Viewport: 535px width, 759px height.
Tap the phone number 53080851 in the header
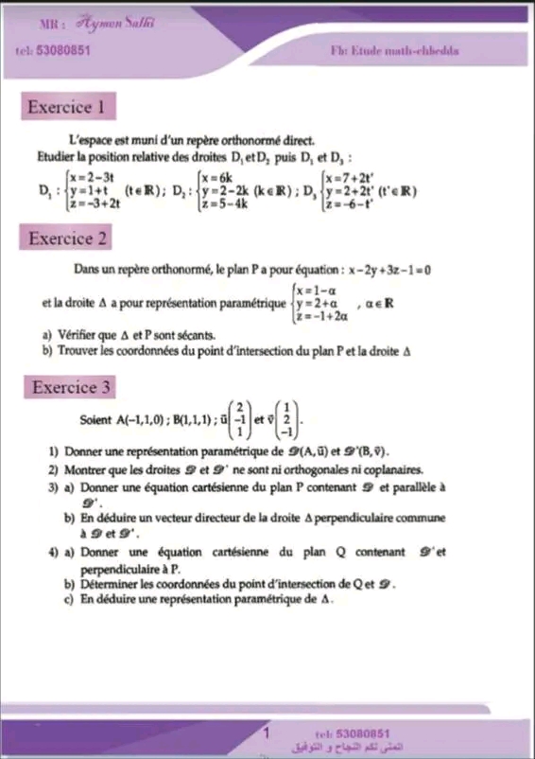point(60,50)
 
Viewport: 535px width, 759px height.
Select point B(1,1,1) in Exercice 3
point(194,418)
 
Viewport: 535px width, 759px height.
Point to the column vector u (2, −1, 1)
point(243,418)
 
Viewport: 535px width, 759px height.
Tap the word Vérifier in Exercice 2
point(76,335)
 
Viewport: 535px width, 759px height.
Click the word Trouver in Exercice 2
point(76,350)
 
